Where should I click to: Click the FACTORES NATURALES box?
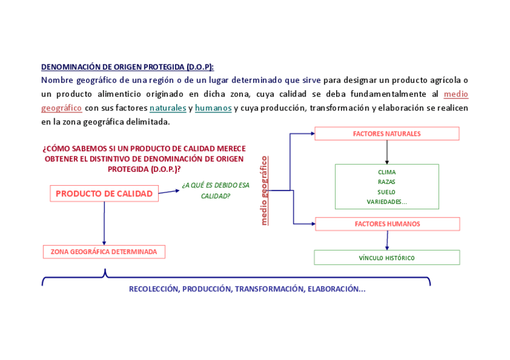tap(387, 133)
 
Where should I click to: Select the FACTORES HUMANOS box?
tap(387, 224)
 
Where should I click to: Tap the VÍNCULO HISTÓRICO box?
tap(387, 258)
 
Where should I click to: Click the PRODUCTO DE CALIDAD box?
tap(104, 194)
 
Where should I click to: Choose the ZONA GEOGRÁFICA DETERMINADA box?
tap(104, 252)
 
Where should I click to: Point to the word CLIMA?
tap(387, 172)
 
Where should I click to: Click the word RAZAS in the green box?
tap(387, 182)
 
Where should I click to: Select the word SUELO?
tap(387, 192)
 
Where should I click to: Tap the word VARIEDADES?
tap(386, 202)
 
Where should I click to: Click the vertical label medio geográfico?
tap(264, 191)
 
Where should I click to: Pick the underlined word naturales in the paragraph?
tap(168, 108)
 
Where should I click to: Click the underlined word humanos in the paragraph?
tap(214, 108)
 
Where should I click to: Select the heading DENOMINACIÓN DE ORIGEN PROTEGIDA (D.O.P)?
tap(127, 67)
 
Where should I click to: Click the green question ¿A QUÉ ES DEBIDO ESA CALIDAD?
tap(215, 190)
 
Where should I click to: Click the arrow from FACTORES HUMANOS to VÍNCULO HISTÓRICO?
tap(387, 240)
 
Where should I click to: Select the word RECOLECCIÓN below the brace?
tap(153, 289)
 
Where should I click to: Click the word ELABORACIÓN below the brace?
tap(334, 289)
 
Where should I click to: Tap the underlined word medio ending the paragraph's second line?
tap(456, 94)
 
